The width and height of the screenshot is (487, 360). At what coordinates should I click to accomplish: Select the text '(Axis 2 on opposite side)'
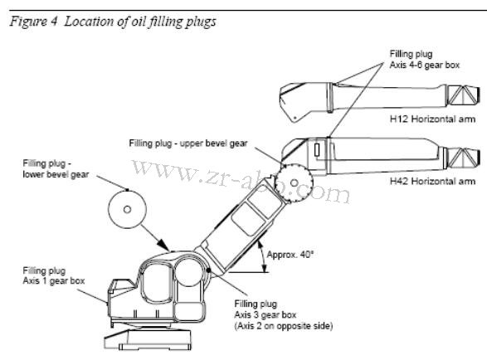coord(283,327)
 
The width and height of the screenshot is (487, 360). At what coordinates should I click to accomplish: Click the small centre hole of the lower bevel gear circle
coord(127,210)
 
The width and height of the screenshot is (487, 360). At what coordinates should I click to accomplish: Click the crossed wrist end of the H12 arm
coord(465,96)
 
